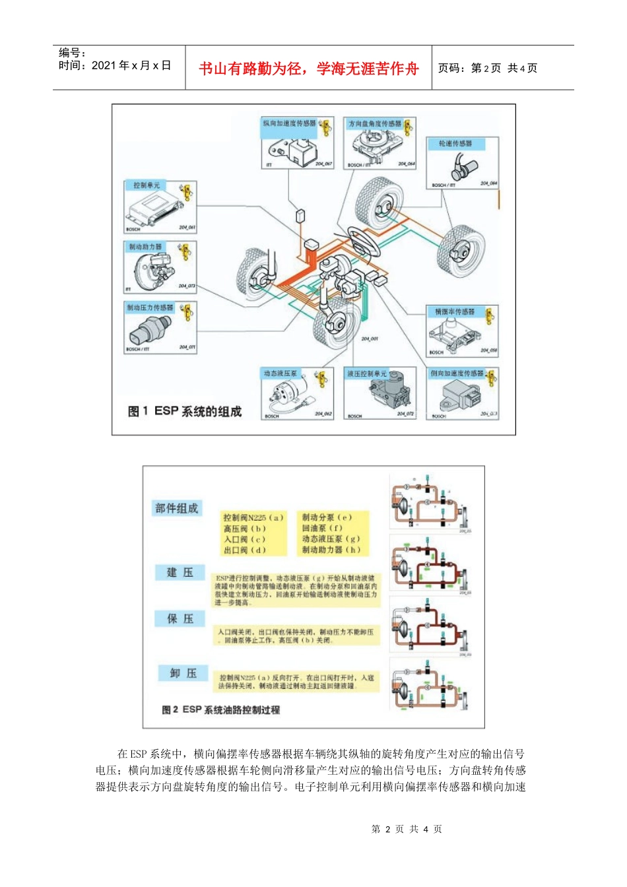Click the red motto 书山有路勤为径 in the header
tap(308, 69)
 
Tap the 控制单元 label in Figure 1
tap(147, 185)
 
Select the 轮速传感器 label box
tap(455, 144)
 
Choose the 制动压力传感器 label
tap(150, 308)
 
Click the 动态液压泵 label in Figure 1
tap(280, 374)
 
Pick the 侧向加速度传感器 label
tap(457, 374)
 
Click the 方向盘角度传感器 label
tap(374, 123)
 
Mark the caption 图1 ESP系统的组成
tap(185, 411)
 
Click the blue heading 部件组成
tap(176, 508)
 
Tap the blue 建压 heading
tap(180, 572)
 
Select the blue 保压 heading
tap(180, 618)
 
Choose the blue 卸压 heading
tap(183, 673)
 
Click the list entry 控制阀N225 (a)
tap(253, 517)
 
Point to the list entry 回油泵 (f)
tap(322, 528)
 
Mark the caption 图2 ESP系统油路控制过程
tap(221, 709)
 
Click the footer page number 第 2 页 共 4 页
tap(407, 829)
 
